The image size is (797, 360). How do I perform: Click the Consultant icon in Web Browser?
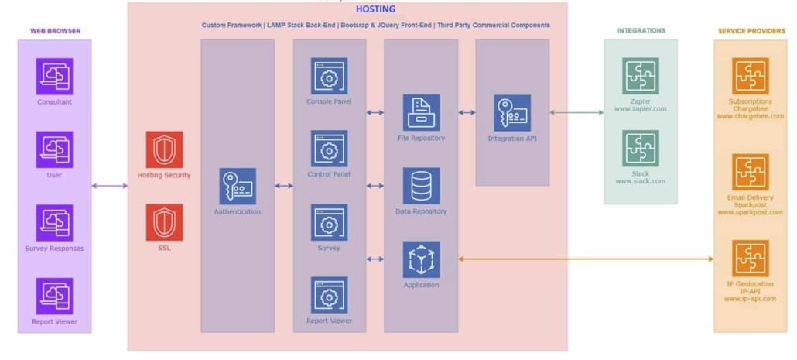54,76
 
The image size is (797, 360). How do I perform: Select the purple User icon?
54,149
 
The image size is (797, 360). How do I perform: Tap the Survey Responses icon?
54,223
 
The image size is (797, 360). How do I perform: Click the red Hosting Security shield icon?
164,149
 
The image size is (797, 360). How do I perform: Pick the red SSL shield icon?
164,222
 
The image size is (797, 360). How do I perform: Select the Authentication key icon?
237,187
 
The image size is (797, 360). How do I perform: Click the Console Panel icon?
329,76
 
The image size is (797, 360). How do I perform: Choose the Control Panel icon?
329,149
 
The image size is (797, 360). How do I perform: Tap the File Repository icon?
421,112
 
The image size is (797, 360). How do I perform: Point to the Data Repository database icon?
421,186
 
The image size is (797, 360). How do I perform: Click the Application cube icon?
421,259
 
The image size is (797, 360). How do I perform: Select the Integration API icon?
512,113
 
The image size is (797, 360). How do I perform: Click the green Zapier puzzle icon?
641,76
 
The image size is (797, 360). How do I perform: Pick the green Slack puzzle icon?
641,149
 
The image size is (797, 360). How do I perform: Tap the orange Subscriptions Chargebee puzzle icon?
750,76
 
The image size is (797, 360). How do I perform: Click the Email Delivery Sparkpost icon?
750,172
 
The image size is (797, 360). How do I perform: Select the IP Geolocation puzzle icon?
750,259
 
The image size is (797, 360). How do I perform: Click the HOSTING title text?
375,9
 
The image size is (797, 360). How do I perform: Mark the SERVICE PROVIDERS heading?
751,31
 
